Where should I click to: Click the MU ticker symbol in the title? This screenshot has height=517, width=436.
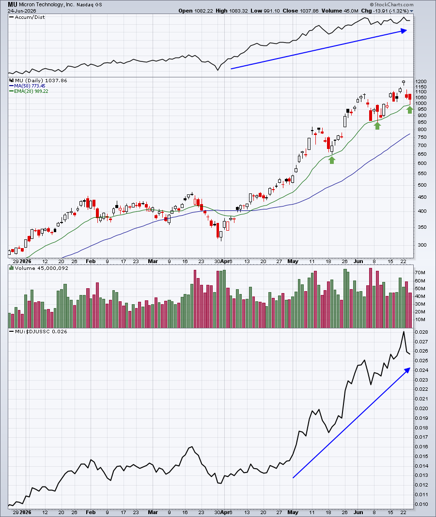tap(13, 5)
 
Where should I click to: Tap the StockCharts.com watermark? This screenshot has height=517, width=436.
tap(391, 5)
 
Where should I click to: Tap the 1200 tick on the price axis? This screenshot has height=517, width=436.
tap(421, 81)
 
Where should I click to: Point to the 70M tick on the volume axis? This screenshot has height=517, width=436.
tap(420, 273)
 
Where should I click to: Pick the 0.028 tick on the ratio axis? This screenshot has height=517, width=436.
tap(421, 332)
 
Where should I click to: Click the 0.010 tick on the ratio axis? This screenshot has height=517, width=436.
tap(421, 504)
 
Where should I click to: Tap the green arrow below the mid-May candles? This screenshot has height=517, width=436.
tap(332, 160)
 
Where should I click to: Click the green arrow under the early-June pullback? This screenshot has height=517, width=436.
tap(377, 125)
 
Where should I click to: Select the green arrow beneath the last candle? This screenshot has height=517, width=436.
tap(409, 110)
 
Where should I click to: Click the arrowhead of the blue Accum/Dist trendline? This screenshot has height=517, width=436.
tap(404, 30)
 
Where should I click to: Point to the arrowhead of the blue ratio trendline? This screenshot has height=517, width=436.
tap(407, 370)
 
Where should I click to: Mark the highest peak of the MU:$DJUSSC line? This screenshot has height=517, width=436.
tap(403, 331)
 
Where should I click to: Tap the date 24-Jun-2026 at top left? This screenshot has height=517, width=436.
tap(22, 11)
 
